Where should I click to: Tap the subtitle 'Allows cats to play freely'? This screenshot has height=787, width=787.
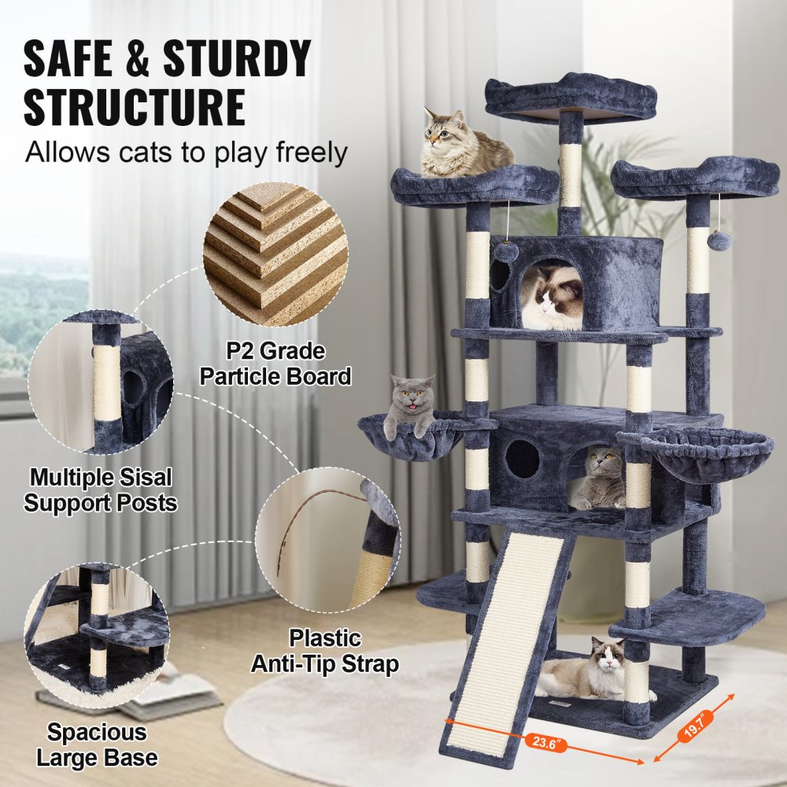186,152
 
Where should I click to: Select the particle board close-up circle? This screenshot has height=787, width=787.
275,254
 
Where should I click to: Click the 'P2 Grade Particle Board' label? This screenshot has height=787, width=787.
275,364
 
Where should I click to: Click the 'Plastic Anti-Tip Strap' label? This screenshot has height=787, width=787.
324,650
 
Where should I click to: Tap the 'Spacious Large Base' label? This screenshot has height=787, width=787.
96,745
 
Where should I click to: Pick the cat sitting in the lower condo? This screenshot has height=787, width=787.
597,479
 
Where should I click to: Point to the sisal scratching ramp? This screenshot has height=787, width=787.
509,630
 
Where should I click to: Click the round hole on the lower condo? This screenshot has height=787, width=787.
523,459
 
